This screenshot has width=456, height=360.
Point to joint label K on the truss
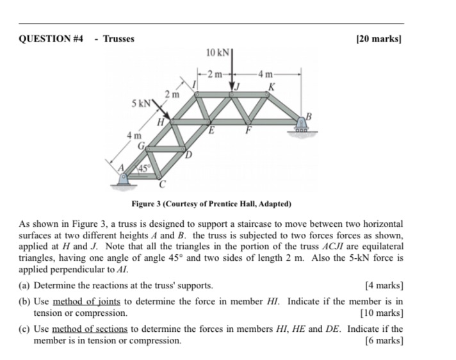click(272, 86)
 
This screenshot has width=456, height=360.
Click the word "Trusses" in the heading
click(119, 39)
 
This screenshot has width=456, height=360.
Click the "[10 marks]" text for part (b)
click(382, 313)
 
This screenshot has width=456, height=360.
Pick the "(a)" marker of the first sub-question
click(26, 285)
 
